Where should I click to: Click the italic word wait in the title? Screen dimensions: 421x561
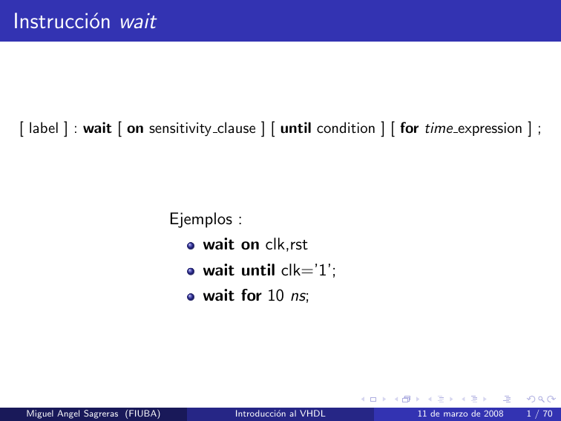137,22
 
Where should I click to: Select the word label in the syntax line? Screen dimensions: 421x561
43,128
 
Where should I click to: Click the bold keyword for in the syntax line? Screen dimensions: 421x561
409,128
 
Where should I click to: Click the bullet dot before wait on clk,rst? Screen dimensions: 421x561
191,246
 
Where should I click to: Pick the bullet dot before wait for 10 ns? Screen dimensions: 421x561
191,296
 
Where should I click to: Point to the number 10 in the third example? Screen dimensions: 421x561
275,296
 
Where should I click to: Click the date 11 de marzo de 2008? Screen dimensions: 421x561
460,412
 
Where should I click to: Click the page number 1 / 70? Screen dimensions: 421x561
537,412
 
